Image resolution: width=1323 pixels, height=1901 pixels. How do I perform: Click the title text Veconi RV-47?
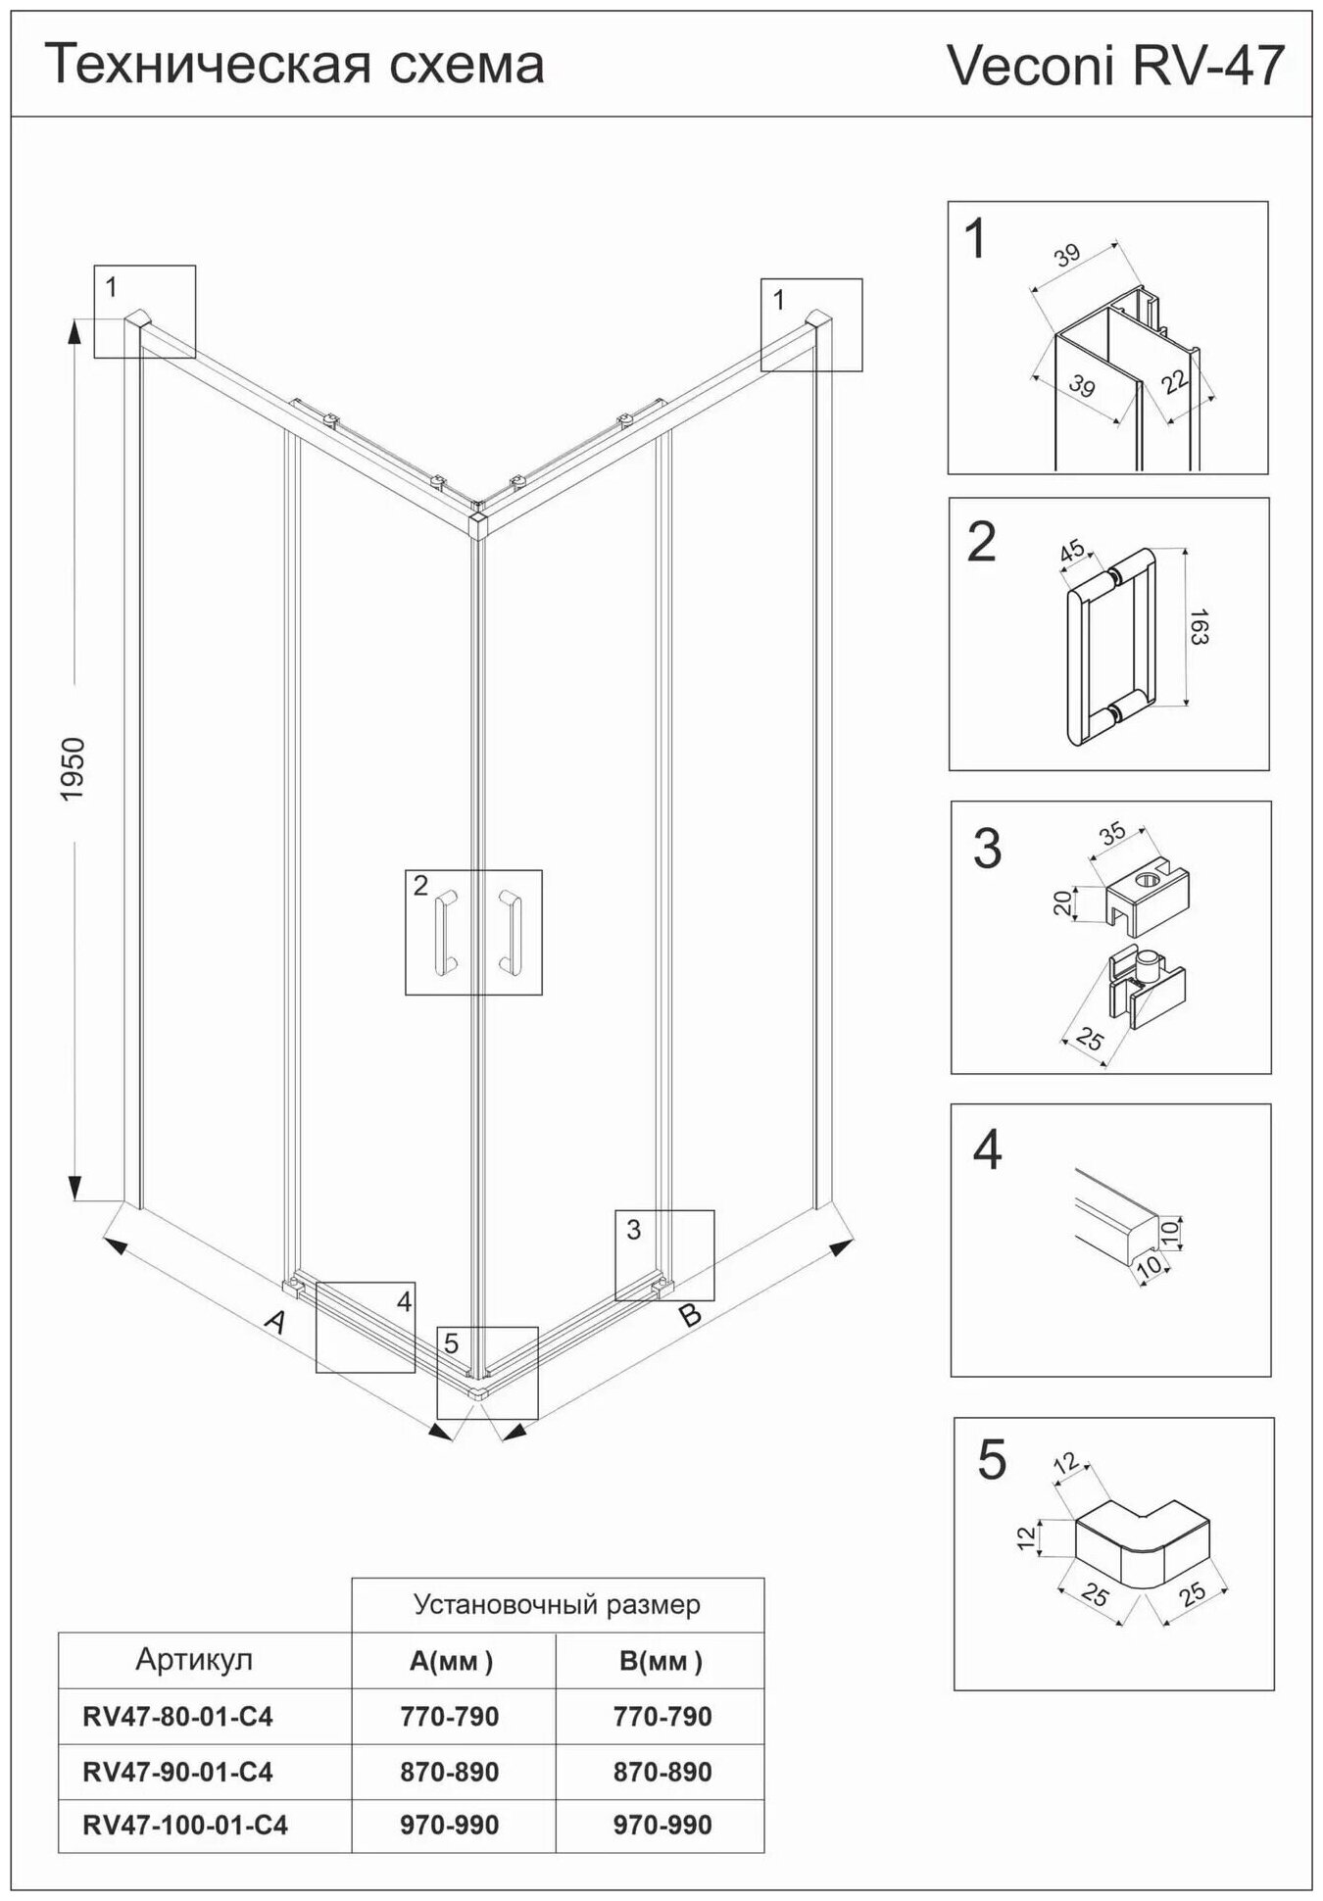coord(1114,67)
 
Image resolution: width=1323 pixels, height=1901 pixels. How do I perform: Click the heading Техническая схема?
coord(295,65)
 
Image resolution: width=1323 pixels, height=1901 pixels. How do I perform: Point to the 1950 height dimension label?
coord(73,768)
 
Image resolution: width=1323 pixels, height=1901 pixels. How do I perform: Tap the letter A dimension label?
coord(276,1322)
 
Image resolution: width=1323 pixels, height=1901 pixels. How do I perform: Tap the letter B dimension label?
coord(691,1314)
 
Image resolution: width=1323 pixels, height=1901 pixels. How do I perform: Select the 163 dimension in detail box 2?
coord(1199,626)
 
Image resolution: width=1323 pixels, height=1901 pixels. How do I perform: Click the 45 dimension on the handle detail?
coord(1072,550)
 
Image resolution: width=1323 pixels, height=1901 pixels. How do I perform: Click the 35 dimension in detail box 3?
coord(1111,834)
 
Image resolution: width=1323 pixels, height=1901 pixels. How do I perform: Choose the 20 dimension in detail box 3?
coord(1062,902)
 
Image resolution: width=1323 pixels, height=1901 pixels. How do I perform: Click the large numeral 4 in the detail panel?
coord(987,1150)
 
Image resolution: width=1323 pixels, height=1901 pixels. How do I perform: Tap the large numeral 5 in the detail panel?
coord(992,1460)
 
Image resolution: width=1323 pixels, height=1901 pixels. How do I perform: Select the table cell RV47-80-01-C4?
coord(177,1716)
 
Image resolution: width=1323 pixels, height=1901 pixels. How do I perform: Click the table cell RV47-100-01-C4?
coord(185,1825)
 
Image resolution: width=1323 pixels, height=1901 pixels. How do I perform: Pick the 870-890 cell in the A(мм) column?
coord(450,1771)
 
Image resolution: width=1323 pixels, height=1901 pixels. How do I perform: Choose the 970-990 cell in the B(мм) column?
coord(662,1825)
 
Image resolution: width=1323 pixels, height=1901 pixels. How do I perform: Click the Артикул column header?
coord(194,1659)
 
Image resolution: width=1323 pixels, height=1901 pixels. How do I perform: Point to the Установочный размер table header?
coord(557,1604)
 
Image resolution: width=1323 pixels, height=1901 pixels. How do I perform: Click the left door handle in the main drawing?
coord(445,932)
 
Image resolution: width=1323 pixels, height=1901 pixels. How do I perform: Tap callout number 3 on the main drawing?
coord(633,1229)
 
